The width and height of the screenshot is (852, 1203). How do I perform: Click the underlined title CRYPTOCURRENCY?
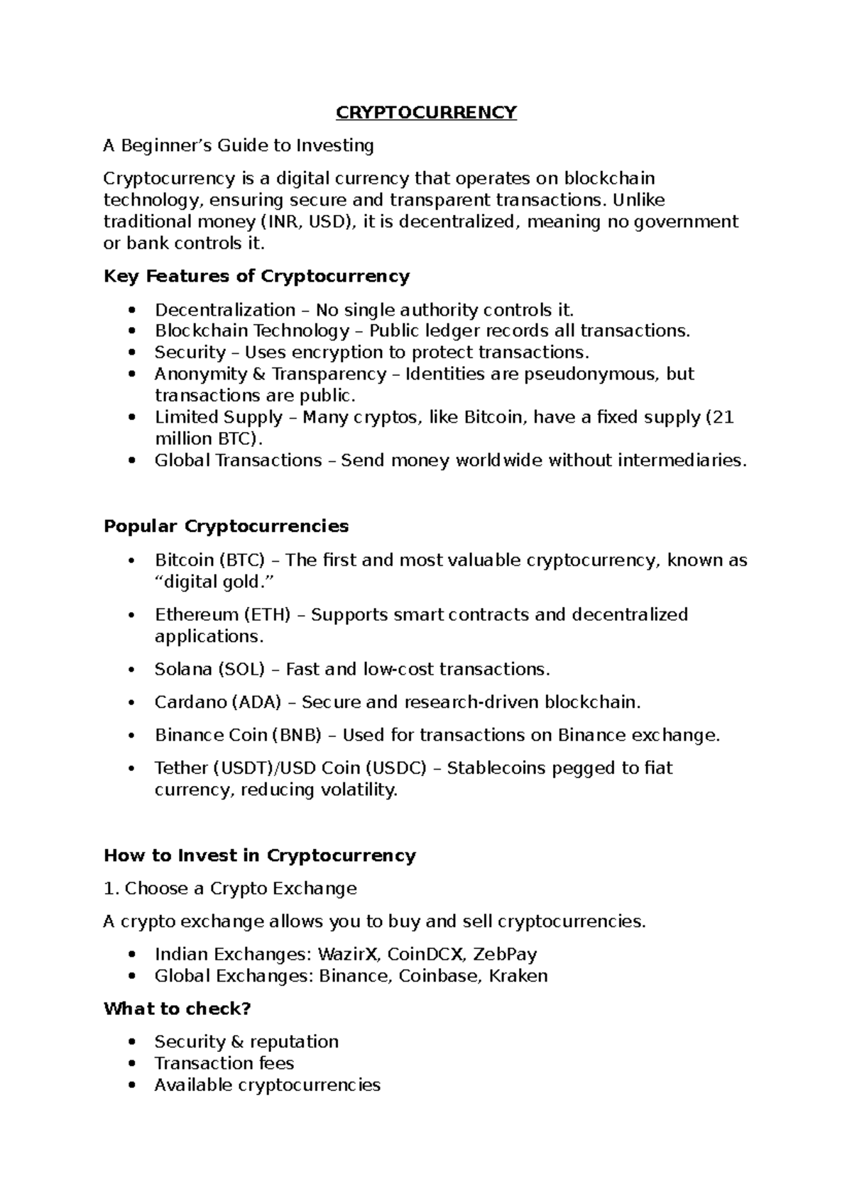click(x=426, y=113)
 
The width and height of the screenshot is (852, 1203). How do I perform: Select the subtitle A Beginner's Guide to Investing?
click(x=239, y=146)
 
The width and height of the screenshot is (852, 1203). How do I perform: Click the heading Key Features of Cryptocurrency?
click(x=256, y=276)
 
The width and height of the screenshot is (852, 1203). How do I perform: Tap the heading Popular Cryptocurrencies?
click(x=226, y=526)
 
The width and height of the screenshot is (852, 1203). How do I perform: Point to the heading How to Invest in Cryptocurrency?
click(x=259, y=855)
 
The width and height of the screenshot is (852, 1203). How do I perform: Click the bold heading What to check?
click(x=177, y=1009)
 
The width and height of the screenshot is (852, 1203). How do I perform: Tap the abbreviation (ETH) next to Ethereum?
click(x=267, y=614)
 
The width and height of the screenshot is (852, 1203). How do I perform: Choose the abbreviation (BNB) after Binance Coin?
click(x=297, y=735)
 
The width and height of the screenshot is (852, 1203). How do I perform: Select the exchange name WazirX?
click(x=348, y=954)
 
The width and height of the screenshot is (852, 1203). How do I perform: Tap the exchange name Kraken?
click(x=522, y=976)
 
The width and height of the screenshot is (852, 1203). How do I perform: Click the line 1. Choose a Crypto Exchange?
click(x=230, y=889)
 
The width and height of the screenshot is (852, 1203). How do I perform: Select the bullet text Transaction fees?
click(x=224, y=1063)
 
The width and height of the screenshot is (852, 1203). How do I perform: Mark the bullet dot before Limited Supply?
click(x=131, y=418)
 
